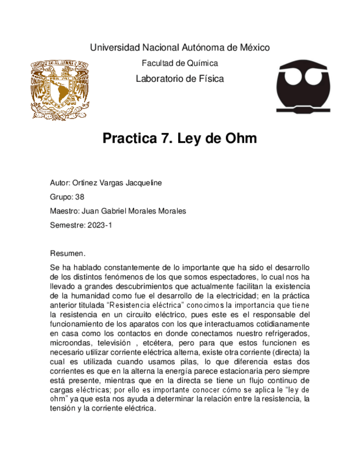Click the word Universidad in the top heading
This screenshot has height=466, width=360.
(x=115, y=48)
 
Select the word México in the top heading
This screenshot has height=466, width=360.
(x=251, y=48)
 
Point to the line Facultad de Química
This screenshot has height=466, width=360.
(x=180, y=63)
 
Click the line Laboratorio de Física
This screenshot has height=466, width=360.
(x=180, y=79)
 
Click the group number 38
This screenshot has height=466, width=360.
(x=80, y=197)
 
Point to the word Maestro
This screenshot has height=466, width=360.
(x=64, y=211)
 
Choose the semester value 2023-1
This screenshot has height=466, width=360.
(x=99, y=225)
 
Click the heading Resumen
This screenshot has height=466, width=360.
(x=67, y=254)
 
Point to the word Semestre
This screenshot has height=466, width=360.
(x=66, y=225)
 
